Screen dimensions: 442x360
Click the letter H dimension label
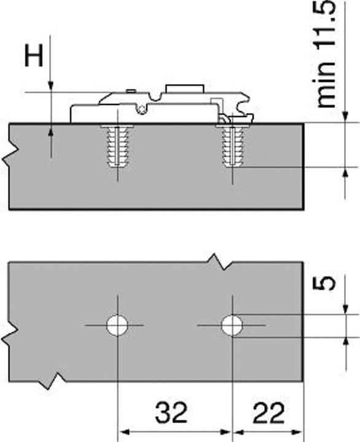(34, 56)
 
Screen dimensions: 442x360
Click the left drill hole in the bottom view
(116, 325)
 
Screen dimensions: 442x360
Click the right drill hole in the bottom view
(231, 325)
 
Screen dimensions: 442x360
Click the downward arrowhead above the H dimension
(51, 86)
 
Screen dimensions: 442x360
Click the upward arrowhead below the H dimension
(51, 130)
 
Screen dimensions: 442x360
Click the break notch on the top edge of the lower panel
(217, 261)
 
